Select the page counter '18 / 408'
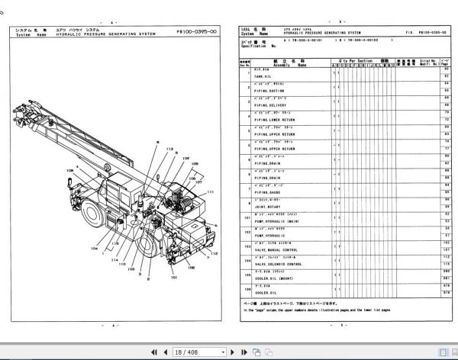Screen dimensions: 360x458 pos(184,352)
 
